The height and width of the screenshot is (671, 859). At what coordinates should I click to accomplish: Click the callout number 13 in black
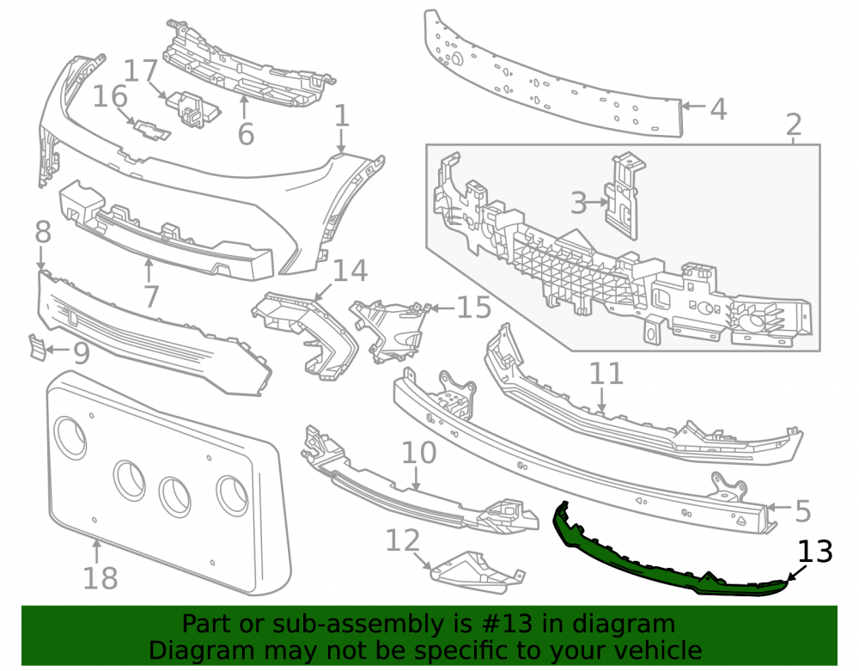[x=815, y=552]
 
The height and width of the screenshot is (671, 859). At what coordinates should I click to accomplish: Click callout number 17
[x=141, y=71]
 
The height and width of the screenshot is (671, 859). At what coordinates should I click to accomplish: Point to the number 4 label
[x=718, y=109]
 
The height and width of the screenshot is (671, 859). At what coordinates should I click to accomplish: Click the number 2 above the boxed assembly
[x=794, y=125]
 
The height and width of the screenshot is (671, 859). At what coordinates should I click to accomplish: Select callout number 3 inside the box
[x=578, y=203]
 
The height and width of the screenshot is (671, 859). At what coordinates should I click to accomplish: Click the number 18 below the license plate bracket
[x=101, y=578]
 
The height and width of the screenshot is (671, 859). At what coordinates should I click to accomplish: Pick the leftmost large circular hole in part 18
[x=70, y=436]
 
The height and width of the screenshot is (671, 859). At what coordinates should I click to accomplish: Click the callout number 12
[x=403, y=540]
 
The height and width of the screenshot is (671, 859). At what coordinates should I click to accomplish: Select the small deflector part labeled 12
[x=478, y=572]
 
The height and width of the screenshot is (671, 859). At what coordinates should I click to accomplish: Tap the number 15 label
[x=474, y=308]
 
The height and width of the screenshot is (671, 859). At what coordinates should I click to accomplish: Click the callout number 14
[x=350, y=271]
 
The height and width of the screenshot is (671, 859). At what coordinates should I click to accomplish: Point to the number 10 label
[x=419, y=453]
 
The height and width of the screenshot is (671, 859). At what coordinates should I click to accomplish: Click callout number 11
[x=606, y=374]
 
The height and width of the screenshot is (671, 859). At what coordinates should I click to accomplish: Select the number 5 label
[x=802, y=511]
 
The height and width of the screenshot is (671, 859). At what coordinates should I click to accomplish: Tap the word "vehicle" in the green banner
[x=659, y=650]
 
